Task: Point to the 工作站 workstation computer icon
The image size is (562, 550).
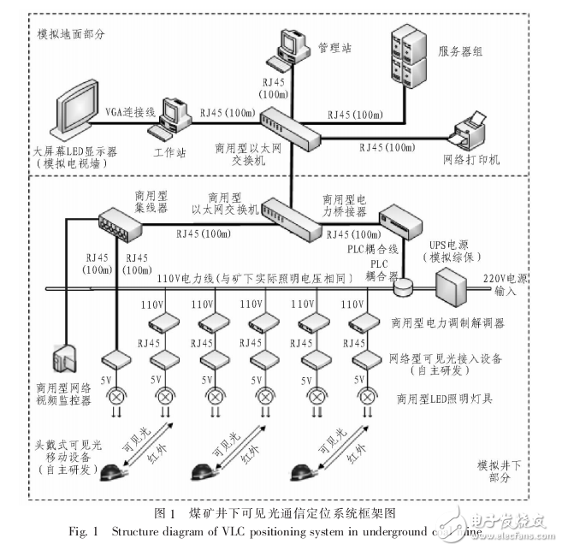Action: coord(169,119)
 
